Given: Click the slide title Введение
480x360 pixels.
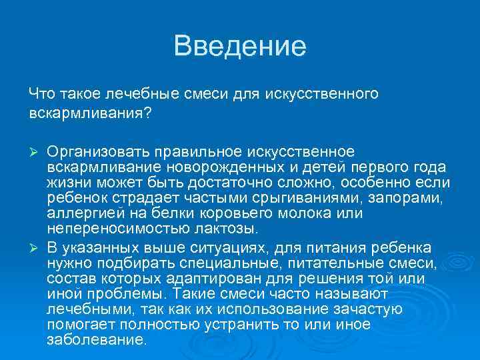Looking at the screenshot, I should (x=239, y=46).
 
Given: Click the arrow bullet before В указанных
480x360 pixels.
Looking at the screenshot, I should (x=36, y=248).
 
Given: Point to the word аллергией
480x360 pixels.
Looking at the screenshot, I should (x=79, y=214).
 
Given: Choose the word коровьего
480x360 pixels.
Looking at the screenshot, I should (x=239, y=214).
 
